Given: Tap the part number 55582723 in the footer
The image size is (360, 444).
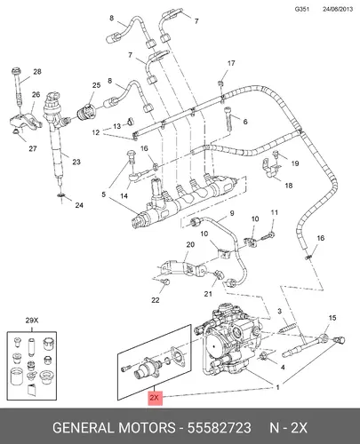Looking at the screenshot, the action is pyautogui.click(x=220, y=428).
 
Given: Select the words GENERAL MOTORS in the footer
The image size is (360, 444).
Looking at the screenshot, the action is pyautogui.click(x=114, y=428).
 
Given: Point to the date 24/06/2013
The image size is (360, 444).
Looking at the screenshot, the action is pyautogui.click(x=338, y=9).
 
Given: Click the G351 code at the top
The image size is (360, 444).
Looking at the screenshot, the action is pyautogui.click(x=302, y=9).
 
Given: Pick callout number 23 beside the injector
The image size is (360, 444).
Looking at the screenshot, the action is pyautogui.click(x=76, y=162).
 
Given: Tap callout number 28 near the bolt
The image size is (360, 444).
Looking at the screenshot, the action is pyautogui.click(x=37, y=72).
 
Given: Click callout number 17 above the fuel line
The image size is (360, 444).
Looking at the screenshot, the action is pyautogui.click(x=231, y=63).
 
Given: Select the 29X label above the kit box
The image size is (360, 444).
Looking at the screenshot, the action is pyautogui.click(x=32, y=321).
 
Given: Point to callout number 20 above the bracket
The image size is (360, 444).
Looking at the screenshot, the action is pyautogui.click(x=190, y=244).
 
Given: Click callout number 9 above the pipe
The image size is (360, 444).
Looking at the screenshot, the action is pyautogui.click(x=232, y=213).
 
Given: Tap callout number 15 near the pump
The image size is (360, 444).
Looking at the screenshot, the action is pyautogui.click(x=332, y=318).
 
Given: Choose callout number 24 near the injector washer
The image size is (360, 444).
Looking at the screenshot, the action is pyautogui.click(x=79, y=205).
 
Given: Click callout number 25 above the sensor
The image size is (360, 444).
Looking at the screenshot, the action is pyautogui.click(x=96, y=85).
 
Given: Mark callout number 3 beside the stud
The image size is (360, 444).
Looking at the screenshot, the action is pyautogui.click(x=279, y=312).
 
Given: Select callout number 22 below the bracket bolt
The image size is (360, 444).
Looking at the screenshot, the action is pyautogui.click(x=156, y=300).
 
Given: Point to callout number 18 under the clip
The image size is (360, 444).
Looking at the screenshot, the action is pyautogui.click(x=289, y=186).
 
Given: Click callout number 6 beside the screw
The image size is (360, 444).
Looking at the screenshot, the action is pyautogui.click(x=245, y=122).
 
